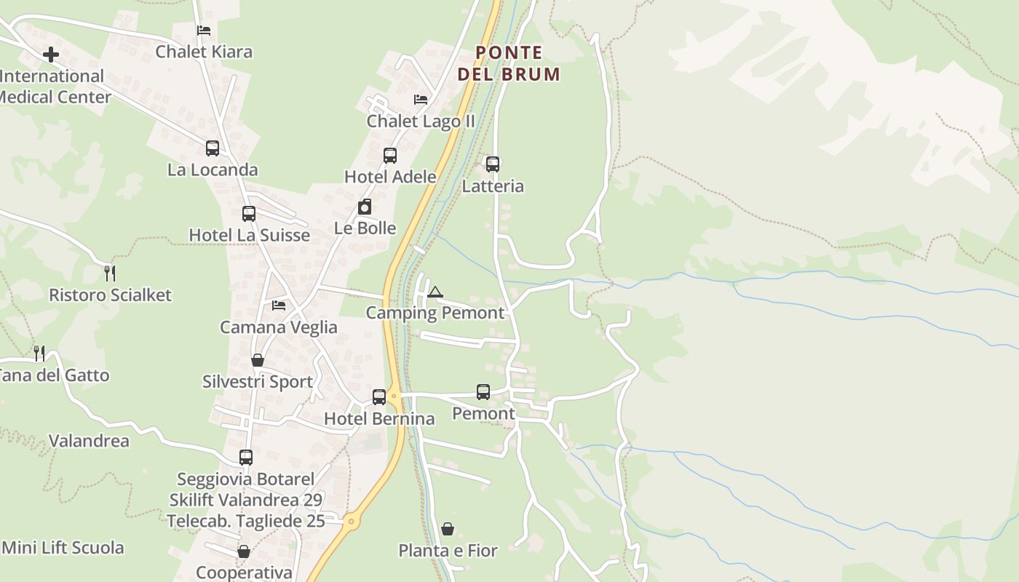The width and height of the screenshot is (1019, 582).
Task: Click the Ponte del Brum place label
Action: [509, 63]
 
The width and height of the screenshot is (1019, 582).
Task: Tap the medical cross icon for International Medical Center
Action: [51, 55]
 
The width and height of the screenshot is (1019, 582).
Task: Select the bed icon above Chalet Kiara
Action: [204, 31]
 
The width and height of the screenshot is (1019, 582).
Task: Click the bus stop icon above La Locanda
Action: [213, 148]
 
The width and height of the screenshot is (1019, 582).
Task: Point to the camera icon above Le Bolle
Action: [365, 207]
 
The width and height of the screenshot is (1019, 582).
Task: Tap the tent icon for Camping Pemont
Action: [435, 292]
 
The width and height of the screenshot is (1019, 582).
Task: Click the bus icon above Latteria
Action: [493, 164]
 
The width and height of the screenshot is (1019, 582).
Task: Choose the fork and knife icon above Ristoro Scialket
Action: [110, 274]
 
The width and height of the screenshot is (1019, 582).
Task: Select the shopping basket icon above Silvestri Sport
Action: [257, 360]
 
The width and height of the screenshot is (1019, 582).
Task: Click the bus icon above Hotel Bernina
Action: [379, 397]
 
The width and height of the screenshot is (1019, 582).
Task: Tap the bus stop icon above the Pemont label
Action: [483, 392]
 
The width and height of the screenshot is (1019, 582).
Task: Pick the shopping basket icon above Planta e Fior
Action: [448, 529]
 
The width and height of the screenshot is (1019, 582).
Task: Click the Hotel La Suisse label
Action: [249, 236]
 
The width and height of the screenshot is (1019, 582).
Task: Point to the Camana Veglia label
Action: [279, 327]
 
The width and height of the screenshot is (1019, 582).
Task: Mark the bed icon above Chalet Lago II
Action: [421, 100]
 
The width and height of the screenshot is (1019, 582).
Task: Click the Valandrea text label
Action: [89, 441]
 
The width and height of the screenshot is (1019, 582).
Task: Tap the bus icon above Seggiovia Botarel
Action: [246, 458]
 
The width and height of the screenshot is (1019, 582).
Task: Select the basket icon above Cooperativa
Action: [244, 552]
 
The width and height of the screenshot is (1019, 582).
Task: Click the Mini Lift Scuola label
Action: [63, 548]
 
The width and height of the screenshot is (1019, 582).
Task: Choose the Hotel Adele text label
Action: [390, 177]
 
